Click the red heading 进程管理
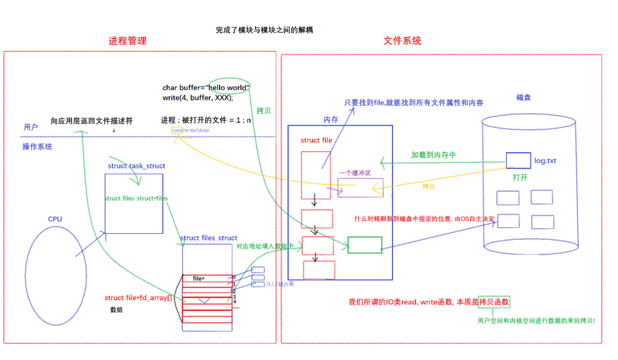[x=127, y=41]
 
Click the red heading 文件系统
[x=402, y=41]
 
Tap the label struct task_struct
[x=136, y=166]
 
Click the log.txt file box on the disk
[x=518, y=160]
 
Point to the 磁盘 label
[x=523, y=97]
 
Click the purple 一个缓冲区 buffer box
[x=360, y=188]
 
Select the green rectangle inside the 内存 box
[x=364, y=245]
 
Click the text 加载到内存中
[x=433, y=155]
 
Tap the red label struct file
[x=316, y=140]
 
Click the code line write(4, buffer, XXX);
[x=198, y=98]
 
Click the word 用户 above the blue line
[x=31, y=127]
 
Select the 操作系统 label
[x=38, y=147]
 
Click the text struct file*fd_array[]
[x=138, y=298]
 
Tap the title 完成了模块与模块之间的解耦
[x=264, y=30]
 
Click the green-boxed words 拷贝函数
[x=494, y=302]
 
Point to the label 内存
[x=331, y=119]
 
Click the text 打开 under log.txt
[x=520, y=177]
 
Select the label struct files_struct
[x=209, y=238]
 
